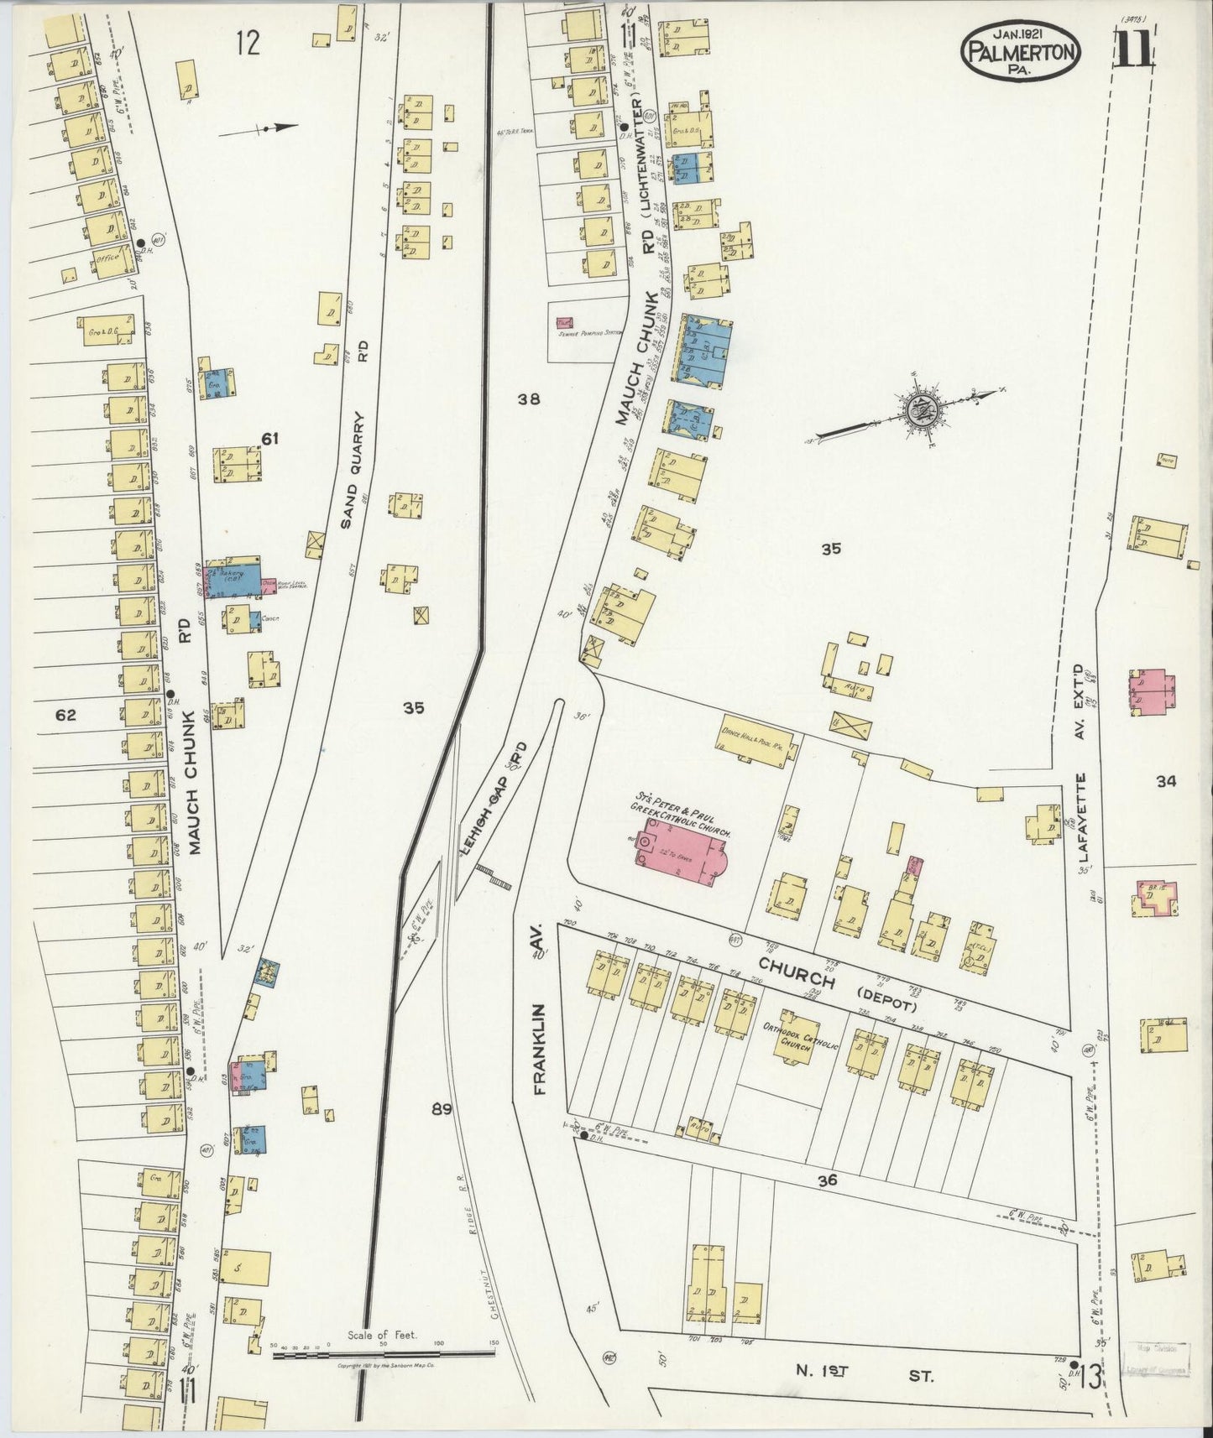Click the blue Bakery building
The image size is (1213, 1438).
(231, 581)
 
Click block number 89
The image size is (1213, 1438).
(442, 1109)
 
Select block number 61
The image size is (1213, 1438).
(269, 439)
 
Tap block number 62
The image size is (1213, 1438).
(65, 716)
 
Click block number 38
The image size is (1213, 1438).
(529, 399)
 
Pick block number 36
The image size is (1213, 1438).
(827, 1180)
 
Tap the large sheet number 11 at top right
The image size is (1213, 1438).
(1133, 48)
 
